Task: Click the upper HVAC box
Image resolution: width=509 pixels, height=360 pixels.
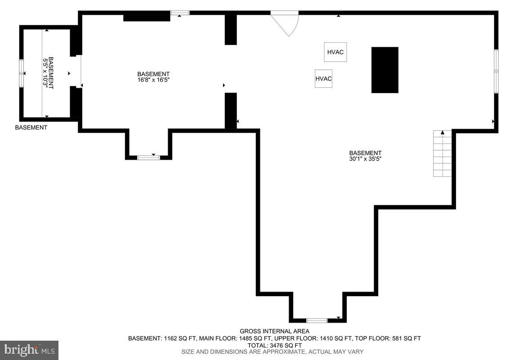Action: click(335, 52)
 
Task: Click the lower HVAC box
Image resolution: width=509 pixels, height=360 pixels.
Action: click(323, 79)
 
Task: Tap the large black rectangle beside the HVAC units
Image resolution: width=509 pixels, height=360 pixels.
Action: click(384, 70)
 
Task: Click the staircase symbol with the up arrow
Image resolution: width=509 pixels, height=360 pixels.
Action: click(442, 153)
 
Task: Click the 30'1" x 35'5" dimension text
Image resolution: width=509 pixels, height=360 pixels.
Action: click(365, 159)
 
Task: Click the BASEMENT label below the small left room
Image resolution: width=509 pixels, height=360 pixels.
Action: click(31, 128)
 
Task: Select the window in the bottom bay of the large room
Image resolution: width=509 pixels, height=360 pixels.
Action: click(317, 321)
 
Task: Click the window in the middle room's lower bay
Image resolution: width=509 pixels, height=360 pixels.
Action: click(148, 157)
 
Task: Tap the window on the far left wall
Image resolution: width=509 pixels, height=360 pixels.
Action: click(22, 73)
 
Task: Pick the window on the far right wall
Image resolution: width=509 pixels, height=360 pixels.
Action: click(496, 71)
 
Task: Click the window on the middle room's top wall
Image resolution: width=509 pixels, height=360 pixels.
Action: click(180, 13)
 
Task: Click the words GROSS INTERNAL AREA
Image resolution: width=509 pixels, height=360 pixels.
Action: click(275, 331)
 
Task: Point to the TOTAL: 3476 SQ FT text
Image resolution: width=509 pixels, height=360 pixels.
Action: click(275, 346)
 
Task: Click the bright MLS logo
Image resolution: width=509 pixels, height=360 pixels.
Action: click(29, 350)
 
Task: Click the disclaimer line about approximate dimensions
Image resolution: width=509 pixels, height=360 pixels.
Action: click(272, 352)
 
